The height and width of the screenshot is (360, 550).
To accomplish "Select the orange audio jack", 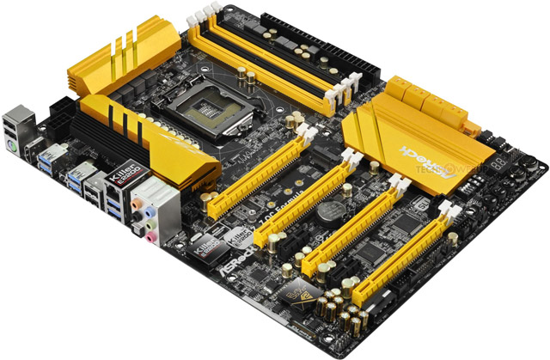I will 135,204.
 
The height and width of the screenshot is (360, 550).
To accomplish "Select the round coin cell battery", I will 325,211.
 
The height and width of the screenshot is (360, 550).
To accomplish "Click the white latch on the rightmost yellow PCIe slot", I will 448,207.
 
